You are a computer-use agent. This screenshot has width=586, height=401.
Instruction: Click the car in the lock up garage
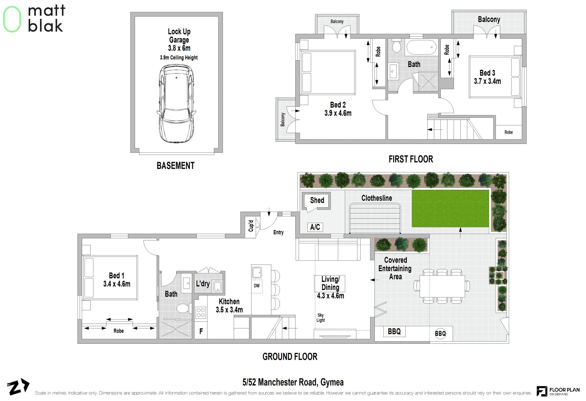176,104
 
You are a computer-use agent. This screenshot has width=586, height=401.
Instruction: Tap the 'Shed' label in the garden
317,200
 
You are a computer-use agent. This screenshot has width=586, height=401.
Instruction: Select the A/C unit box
315,227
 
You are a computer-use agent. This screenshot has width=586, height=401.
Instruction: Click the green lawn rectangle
450,208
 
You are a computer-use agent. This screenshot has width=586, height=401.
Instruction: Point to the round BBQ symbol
440,333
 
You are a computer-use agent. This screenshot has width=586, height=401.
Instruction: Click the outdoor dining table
442,286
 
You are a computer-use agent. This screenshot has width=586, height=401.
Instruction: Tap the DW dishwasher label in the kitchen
257,286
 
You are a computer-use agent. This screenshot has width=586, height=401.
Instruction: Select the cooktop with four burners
201,313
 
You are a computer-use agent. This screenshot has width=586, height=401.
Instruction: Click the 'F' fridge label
201,331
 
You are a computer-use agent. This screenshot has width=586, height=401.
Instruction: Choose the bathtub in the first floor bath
421,48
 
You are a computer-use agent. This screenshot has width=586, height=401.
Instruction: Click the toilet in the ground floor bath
184,308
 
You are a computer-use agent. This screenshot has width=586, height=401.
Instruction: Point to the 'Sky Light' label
320,318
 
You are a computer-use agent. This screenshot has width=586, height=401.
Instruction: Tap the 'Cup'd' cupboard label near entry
251,226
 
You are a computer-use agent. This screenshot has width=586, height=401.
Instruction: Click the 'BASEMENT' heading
175,166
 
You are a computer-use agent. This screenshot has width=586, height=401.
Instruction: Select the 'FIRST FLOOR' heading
411,159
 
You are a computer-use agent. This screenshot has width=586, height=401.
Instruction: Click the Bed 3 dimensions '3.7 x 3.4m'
487,81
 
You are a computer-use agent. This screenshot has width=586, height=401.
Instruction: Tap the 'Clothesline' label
377,198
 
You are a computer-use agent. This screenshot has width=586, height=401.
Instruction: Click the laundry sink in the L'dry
217,286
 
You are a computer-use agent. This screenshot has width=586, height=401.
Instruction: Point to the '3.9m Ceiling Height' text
179,58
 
